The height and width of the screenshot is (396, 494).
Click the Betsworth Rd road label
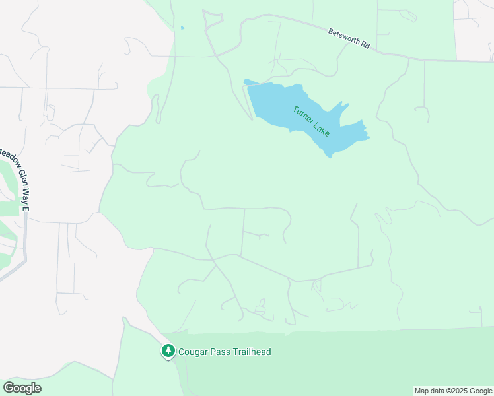tap(349, 38)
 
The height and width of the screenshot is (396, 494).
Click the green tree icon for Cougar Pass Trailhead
tap(168, 351)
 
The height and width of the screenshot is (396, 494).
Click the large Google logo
tap(22, 388)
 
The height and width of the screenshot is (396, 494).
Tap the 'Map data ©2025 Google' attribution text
tap(452, 391)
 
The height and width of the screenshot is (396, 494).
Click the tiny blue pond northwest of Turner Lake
tap(182, 28)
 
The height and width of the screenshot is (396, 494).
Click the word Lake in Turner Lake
tap(322, 129)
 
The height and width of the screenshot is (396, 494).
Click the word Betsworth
tap(343, 36)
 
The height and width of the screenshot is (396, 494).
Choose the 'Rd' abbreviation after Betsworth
tap(365, 44)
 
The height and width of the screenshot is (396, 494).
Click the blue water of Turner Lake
tap(277, 106)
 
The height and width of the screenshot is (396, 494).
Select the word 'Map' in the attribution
tap(422, 391)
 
